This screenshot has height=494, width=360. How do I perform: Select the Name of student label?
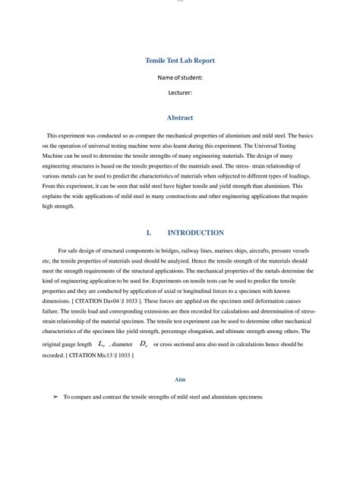tap(180, 77)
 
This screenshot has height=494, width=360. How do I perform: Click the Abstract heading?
tap(180, 118)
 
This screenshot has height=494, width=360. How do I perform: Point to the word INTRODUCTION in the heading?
tap(195, 233)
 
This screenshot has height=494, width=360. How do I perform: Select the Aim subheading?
tap(180, 379)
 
